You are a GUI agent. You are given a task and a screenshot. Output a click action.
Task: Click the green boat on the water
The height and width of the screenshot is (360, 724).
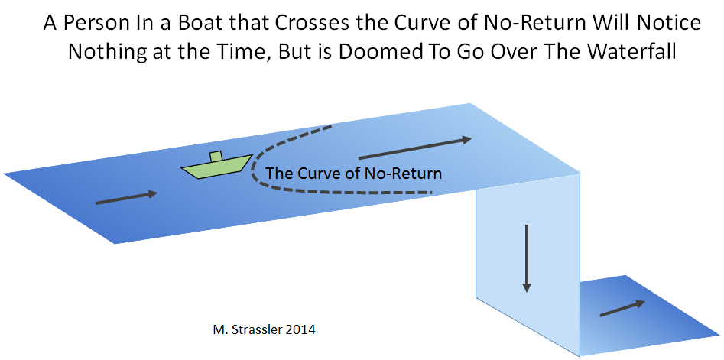pos(216,166)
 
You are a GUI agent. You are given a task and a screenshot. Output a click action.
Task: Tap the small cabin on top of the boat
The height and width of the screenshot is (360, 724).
pos(216,157)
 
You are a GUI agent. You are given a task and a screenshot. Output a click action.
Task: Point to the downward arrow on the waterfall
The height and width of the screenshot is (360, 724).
pos(526,258)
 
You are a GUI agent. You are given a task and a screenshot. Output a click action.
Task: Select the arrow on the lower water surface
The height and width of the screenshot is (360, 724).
pos(622,308)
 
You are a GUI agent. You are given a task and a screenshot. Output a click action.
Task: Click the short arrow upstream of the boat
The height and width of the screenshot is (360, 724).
pos(126,197)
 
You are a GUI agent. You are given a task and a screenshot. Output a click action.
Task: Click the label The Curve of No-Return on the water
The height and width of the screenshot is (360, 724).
pos(354,174)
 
